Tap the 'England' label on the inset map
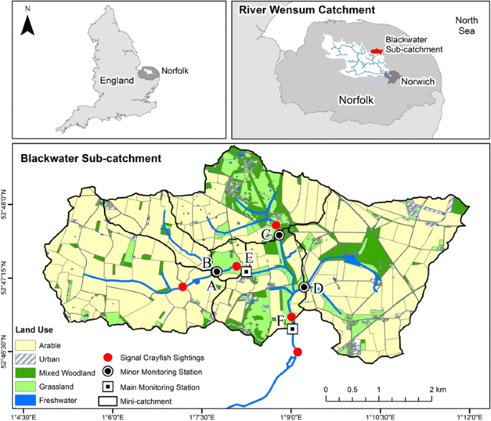point(117,81)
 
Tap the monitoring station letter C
point(266,234)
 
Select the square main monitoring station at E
point(246,272)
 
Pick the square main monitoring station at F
point(292,329)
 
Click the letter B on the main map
point(206,262)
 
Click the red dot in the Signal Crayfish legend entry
point(108,357)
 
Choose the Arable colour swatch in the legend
point(29,345)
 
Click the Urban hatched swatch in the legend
point(29,359)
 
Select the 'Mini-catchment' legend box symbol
point(108,399)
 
